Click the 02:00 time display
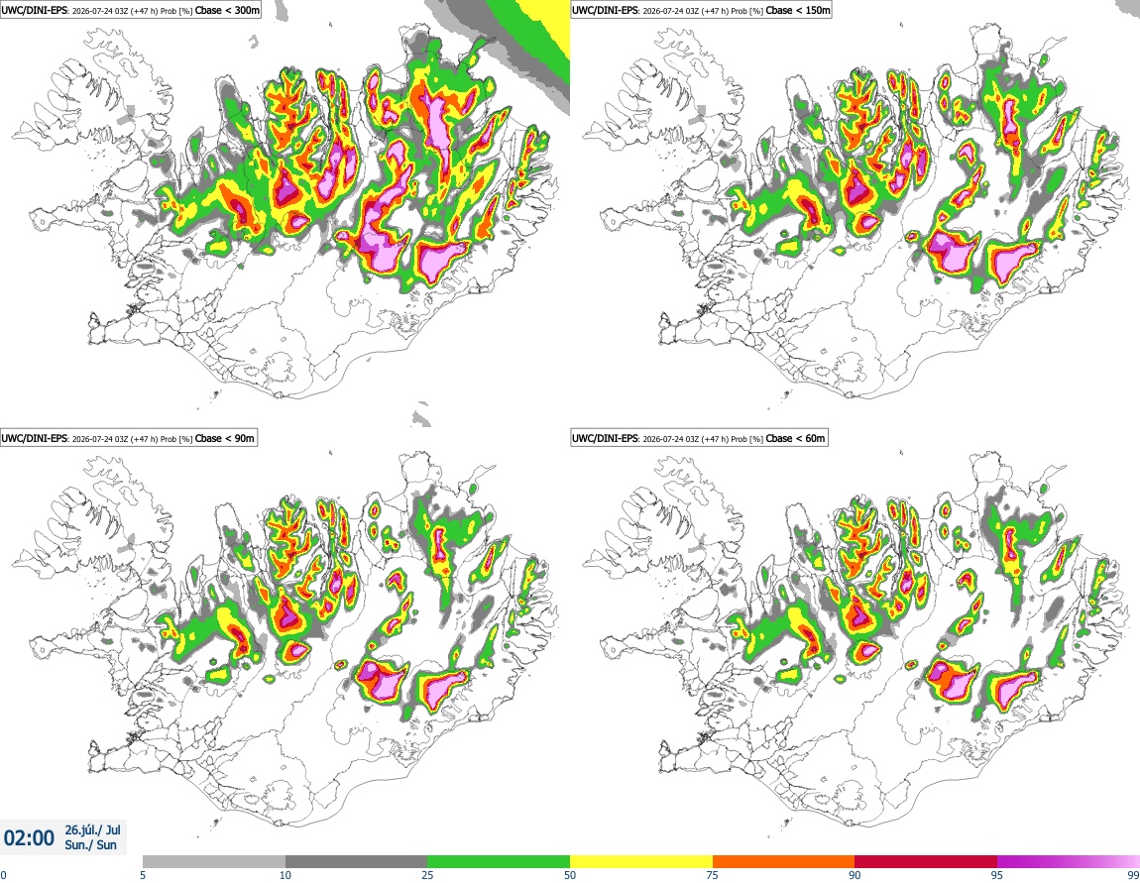[x=29, y=838]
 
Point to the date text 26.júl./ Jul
[x=92, y=829]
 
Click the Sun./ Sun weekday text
[x=91, y=844]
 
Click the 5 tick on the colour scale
[x=143, y=875]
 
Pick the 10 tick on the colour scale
[x=285, y=875]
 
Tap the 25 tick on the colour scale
[x=427, y=875]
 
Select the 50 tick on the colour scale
[x=570, y=875]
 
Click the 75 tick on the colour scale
[x=713, y=875]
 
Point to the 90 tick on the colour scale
[x=855, y=875]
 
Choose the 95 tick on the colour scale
[x=997, y=875]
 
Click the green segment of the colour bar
[x=499, y=861]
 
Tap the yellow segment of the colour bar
[x=641, y=861]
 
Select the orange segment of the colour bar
[x=784, y=861]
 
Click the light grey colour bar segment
[x=214, y=861]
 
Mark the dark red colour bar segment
[x=926, y=861]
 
